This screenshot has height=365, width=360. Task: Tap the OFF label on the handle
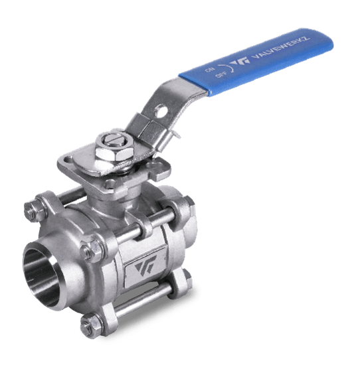219,76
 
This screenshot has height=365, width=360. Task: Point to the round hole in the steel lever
161,111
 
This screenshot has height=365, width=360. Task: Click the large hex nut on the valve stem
114,153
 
